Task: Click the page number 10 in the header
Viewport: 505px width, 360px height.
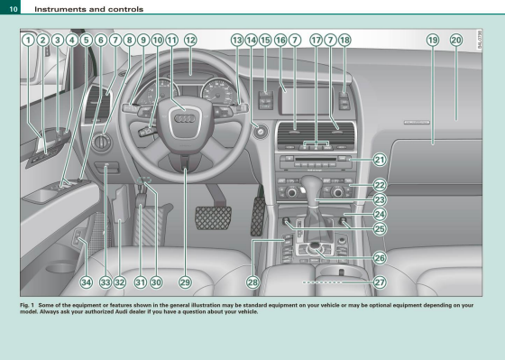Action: (14, 9)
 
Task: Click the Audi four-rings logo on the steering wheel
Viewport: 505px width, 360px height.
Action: (185, 118)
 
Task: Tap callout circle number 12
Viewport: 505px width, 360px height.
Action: (190, 40)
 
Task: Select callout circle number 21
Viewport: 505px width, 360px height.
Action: (380, 160)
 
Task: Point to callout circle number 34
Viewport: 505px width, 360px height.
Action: (86, 282)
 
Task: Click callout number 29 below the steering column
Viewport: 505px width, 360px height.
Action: (185, 282)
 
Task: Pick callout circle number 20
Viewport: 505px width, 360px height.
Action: (456, 40)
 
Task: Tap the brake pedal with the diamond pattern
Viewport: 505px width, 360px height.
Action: (213, 217)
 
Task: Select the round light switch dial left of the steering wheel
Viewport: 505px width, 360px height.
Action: (102, 142)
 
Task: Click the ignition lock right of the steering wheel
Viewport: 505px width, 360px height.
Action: (261, 132)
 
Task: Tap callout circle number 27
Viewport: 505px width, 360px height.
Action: (380, 282)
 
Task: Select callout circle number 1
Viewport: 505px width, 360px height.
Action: (28, 40)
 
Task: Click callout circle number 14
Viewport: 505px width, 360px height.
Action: (252, 40)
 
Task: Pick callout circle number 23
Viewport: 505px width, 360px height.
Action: (380, 199)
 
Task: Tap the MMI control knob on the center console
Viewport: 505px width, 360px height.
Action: (315, 247)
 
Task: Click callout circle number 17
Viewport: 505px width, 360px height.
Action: (316, 40)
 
